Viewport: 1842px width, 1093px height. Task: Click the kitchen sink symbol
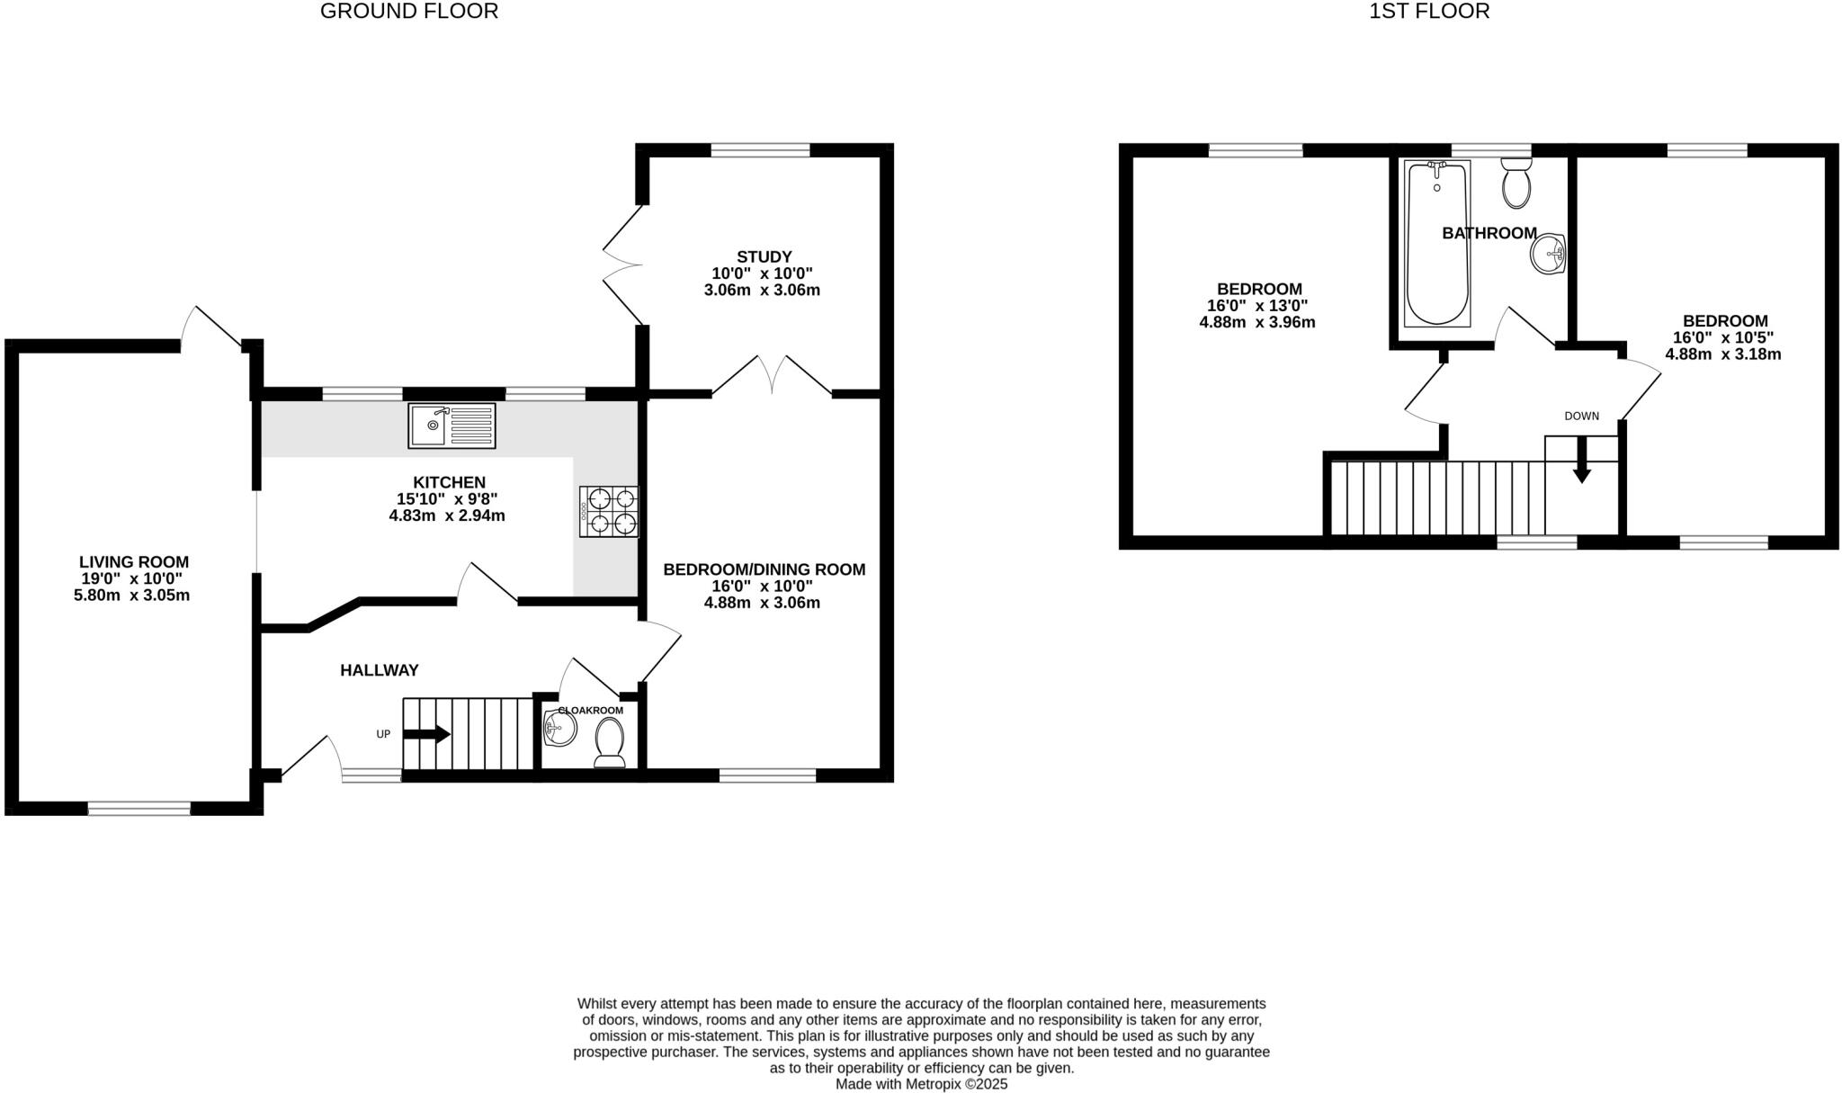[452, 426]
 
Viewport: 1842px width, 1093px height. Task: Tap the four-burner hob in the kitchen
[609, 512]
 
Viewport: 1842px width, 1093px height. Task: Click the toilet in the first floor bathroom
[1516, 184]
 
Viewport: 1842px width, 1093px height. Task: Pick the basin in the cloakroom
[559, 729]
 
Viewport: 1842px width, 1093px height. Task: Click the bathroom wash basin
[1549, 253]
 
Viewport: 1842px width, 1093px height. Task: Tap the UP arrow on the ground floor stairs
[427, 734]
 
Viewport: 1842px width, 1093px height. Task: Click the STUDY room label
[764, 257]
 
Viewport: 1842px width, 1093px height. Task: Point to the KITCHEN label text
[449, 483]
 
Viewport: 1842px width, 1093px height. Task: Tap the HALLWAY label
[379, 670]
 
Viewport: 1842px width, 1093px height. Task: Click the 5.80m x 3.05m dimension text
[131, 596]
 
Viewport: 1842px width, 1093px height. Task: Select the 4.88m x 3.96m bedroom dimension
[1256, 322]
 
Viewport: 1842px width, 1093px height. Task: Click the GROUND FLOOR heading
[408, 12]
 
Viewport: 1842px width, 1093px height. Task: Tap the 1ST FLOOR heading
[1429, 12]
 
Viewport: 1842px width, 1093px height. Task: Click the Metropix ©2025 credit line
[921, 1084]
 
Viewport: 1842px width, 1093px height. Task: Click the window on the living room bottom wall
[139, 809]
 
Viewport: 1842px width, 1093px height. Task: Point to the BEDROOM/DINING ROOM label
[764, 569]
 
